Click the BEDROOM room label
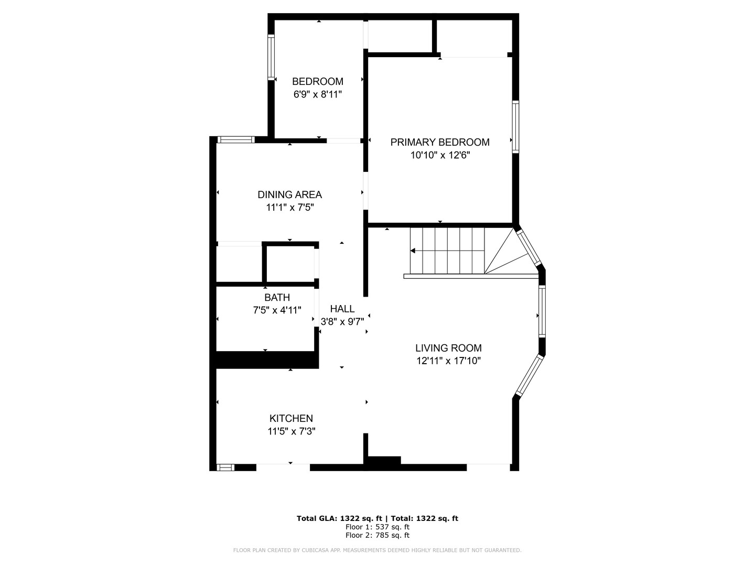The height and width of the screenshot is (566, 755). pos(317,81)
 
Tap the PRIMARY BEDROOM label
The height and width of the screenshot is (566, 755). pos(440,142)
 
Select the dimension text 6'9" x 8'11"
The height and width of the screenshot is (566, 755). pos(317,94)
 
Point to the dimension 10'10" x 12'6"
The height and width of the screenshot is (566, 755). pos(440,155)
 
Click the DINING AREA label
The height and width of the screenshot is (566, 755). pos(289,194)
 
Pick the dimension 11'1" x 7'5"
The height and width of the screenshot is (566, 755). pos(289,208)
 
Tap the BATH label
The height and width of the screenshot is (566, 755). pos(277,297)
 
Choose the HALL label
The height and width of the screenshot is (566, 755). pos(342,309)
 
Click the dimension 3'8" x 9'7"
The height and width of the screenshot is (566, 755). pos(342,322)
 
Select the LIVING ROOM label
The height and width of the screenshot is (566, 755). pos(448,348)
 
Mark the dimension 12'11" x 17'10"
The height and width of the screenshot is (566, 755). pos(448,361)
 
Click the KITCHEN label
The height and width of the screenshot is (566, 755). pos(291,418)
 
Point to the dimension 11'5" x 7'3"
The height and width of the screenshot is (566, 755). pos(291,431)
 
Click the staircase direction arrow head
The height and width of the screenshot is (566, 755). pos(413,251)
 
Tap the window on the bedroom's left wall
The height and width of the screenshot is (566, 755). pos(271,57)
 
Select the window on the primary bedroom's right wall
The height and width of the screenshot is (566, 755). pos(515,127)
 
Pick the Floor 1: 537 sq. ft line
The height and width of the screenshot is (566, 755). pos(377,527)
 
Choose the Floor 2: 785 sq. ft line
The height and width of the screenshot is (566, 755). pos(377,535)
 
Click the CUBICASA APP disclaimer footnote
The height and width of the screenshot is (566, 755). pos(377,550)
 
